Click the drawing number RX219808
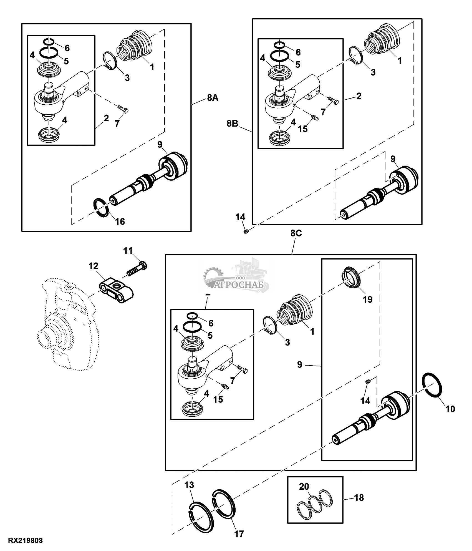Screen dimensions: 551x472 coord(26,541)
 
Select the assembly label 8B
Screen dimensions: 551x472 coord(233,123)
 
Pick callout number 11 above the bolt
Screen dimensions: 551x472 coord(128,251)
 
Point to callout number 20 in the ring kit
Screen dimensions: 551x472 coord(304,486)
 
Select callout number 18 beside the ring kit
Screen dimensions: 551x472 coord(359,497)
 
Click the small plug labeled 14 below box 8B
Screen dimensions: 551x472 coord(246,232)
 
